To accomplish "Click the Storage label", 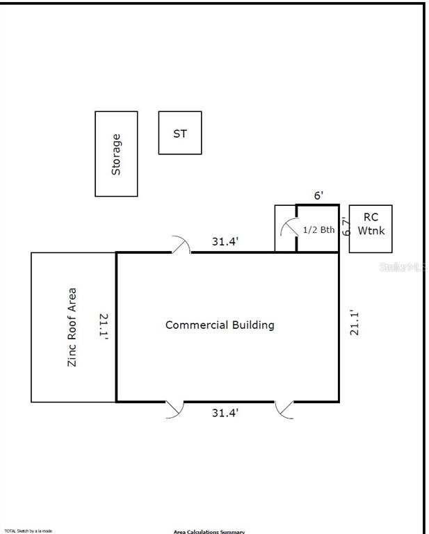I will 116,154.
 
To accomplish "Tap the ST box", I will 180,133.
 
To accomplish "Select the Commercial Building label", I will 220,325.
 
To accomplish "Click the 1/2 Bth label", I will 318,229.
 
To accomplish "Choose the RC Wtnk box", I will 371,228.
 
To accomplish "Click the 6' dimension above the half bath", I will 318,196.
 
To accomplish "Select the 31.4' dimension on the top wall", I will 225,242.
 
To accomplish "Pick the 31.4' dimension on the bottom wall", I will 225,413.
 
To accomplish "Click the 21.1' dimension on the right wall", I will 355,323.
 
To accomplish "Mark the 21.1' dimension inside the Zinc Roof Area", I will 104,327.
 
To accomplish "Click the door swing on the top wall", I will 180,244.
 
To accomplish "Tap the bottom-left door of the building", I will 174,409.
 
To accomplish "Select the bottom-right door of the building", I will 284,409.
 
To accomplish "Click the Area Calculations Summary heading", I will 209,532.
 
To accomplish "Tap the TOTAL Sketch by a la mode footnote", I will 29,531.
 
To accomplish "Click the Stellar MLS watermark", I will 403,266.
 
